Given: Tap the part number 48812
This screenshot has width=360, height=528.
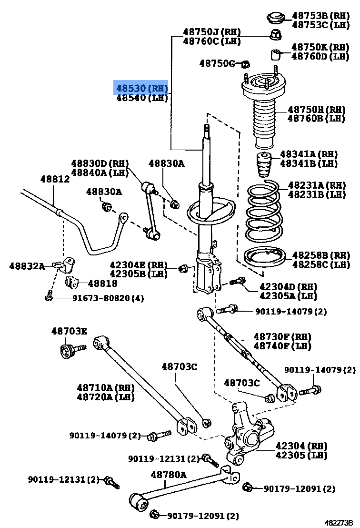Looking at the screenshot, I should tap(55, 179).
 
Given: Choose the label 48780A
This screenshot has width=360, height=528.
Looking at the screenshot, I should tap(169, 474).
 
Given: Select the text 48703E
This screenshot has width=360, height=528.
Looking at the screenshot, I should tap(69, 331).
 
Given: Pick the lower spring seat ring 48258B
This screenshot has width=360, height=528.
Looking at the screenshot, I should tap(264, 259).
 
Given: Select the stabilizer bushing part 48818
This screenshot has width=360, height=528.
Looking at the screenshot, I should tap(71, 282).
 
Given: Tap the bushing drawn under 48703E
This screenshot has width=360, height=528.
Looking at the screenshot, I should tap(68, 352).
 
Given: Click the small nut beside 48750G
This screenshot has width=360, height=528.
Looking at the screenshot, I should tap(246, 63).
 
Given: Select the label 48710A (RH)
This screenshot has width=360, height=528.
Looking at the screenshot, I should tap(106, 387).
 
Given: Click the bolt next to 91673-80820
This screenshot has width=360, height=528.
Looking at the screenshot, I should tap(49, 297).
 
